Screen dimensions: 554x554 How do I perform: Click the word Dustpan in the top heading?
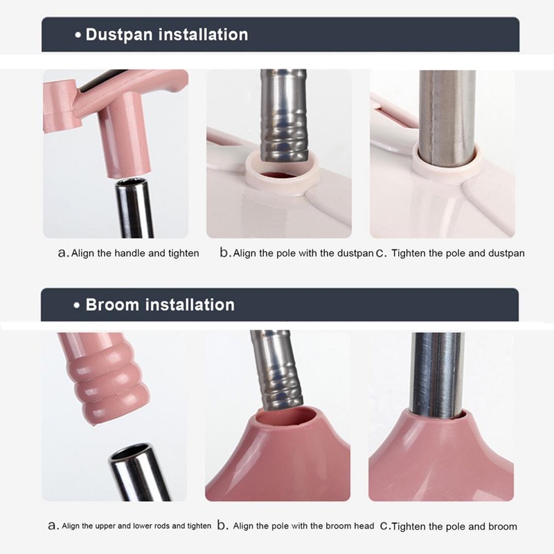tap(119, 35)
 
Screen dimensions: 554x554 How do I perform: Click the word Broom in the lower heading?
tap(112, 305)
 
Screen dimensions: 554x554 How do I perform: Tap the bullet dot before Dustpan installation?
tap(78, 36)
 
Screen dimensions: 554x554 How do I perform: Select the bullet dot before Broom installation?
tap(77, 305)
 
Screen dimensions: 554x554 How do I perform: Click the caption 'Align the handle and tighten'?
tap(135, 253)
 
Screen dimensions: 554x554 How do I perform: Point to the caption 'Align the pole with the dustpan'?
tap(303, 253)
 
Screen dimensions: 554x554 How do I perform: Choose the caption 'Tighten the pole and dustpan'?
tap(458, 253)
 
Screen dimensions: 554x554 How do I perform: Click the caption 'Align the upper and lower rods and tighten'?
tap(136, 526)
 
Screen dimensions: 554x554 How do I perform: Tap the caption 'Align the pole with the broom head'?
tap(303, 526)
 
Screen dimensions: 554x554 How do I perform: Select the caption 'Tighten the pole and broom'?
tap(454, 526)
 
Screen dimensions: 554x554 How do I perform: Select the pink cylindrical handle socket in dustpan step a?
tap(125, 137)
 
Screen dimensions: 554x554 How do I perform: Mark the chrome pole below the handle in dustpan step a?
tap(134, 208)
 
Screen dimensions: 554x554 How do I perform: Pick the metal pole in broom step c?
tap(437, 374)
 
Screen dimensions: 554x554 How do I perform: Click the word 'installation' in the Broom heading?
tap(190, 305)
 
